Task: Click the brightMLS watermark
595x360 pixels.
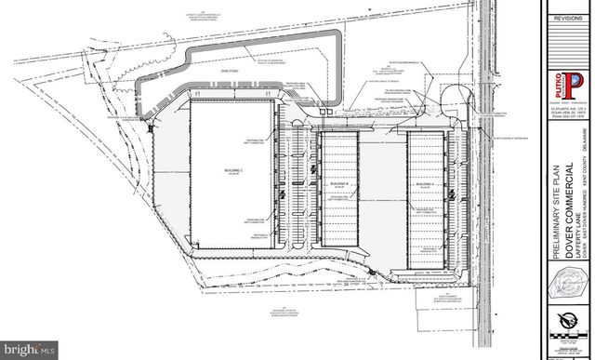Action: coord(31,349)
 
